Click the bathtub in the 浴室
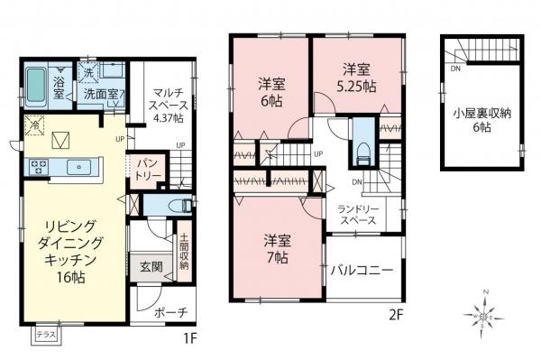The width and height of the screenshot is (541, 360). pyautogui.click(x=33, y=86)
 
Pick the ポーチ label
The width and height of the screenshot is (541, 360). pyautogui.click(x=170, y=313)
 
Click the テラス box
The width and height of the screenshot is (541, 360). pyautogui.click(x=45, y=336)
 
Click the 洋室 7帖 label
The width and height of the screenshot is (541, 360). pyautogui.click(x=276, y=249)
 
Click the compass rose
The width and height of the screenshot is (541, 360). pyautogui.click(x=486, y=317)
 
